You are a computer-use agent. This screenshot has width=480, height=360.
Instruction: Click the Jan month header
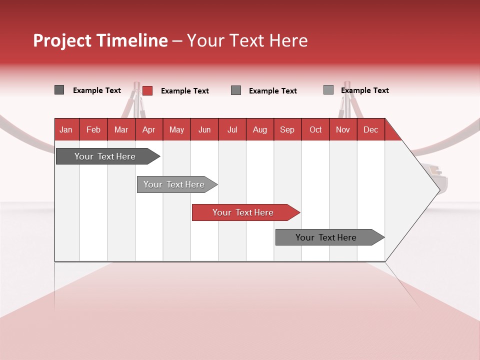(66, 129)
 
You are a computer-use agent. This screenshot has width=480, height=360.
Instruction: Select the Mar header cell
(121, 129)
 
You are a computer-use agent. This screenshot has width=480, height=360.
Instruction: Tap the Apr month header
(148, 129)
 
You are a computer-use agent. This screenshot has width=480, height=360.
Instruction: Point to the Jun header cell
(204, 129)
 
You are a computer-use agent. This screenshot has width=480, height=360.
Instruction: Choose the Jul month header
(232, 129)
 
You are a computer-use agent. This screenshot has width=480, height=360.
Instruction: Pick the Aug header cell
(259, 129)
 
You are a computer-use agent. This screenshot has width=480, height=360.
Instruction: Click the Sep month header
(287, 129)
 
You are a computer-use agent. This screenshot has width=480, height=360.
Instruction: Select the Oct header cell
(315, 129)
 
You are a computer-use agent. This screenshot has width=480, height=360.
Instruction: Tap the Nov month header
(343, 129)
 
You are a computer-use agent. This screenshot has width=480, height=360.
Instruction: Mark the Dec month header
(370, 129)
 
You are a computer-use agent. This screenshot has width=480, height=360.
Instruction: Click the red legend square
(147, 90)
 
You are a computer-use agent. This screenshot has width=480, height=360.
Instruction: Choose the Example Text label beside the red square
(184, 91)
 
